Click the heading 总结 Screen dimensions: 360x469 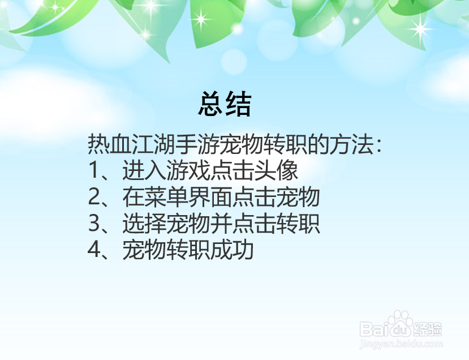click(225, 104)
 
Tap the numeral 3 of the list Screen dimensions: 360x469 click(94, 224)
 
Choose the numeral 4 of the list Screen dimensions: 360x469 click(94, 251)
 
